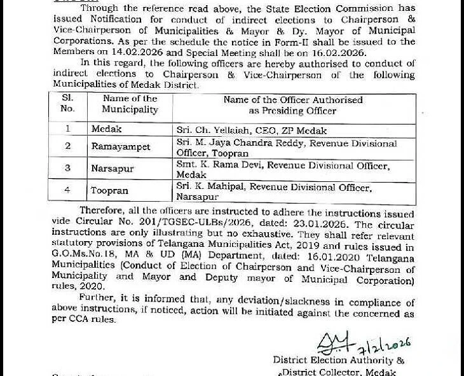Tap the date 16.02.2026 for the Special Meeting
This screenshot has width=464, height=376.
[x=334, y=53]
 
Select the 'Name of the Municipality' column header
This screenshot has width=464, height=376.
[x=130, y=104]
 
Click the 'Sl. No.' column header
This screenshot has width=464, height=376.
[x=67, y=104]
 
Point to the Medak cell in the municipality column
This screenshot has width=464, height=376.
[x=106, y=129]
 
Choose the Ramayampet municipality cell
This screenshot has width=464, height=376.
[x=121, y=147]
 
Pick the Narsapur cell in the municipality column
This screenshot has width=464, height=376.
[x=113, y=169]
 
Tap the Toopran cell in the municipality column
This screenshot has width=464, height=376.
[x=109, y=191]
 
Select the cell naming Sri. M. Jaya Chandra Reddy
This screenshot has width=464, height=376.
[x=286, y=148]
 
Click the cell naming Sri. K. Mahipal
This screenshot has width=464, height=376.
[x=274, y=191]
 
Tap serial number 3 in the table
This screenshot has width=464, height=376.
[x=68, y=169]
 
